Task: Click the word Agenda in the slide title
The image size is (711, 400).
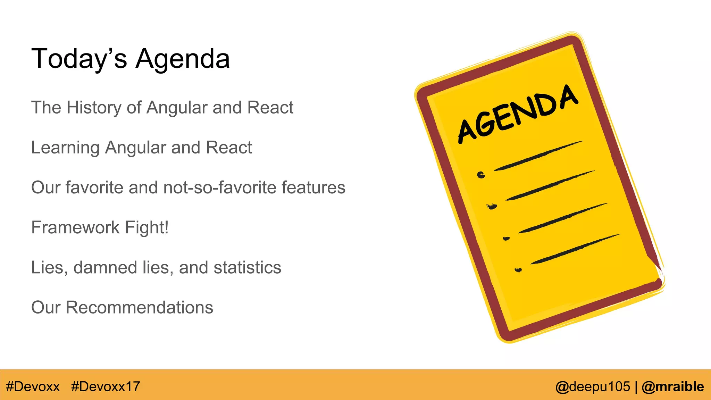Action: coord(183,59)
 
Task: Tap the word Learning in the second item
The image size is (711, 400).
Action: coord(65,148)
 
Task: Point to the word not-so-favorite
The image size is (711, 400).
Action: coord(220,187)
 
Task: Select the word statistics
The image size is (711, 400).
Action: coord(247,267)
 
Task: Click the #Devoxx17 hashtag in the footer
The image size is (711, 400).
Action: coord(106,386)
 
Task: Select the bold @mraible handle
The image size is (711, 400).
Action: coord(672,386)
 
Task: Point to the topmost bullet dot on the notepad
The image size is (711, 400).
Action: coord(481,175)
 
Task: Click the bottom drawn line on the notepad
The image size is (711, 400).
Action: coord(575,249)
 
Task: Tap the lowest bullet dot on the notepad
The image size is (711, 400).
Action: coord(518,270)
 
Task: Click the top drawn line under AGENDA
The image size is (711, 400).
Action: coord(538,156)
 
